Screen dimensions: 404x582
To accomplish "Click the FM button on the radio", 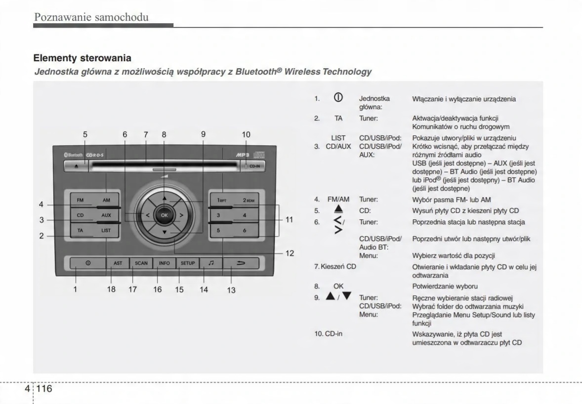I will tap(80, 201).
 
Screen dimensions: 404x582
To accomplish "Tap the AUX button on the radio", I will tap(106, 215).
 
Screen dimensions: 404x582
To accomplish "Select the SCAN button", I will tap(141, 263).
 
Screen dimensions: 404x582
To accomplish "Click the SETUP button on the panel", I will tap(187, 263).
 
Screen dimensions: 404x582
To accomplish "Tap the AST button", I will tap(118, 263).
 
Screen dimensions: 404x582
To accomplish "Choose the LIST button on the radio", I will tap(106, 230).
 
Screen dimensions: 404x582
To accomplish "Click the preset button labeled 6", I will tap(244, 231).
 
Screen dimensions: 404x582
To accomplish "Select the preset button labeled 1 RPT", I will tap(222, 201).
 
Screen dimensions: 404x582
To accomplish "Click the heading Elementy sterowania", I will tap(82, 58).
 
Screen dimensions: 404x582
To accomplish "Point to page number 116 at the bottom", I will tap(43, 389).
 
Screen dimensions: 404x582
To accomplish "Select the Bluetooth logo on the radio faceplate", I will tap(74, 155).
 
